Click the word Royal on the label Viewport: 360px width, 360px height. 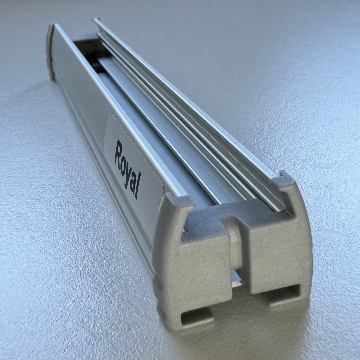point(128,169)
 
